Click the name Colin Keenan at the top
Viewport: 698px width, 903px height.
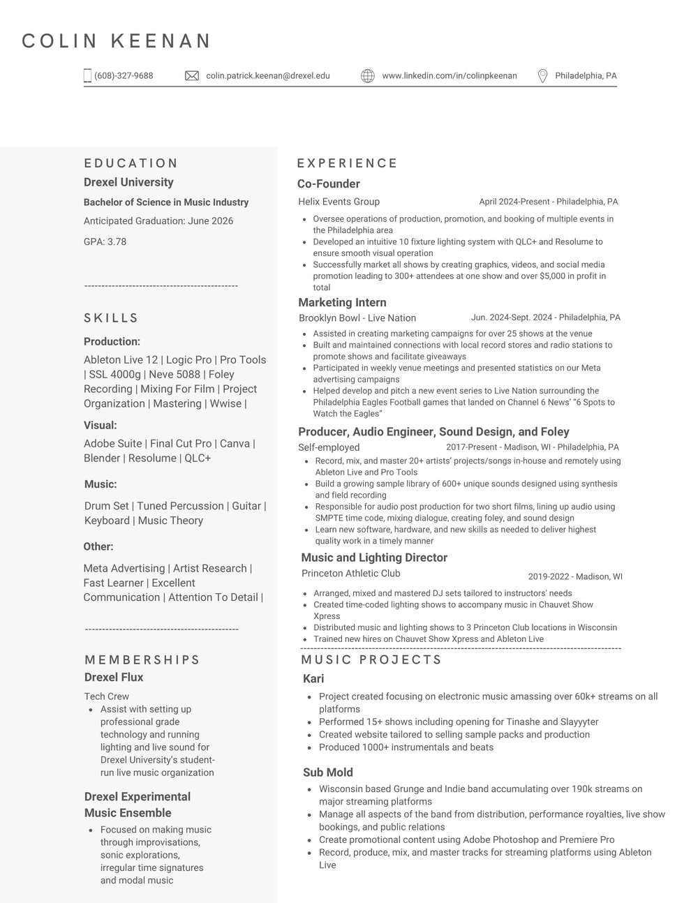click(117, 41)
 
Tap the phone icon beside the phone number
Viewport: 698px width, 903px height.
click(87, 75)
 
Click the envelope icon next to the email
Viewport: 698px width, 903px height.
click(192, 75)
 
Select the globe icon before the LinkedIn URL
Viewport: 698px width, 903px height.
click(368, 75)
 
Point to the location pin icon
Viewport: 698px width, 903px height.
click(542, 75)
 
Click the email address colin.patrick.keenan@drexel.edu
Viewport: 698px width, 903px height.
click(267, 75)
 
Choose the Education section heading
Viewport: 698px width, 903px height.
click(131, 163)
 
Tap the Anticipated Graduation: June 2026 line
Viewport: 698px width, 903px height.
click(158, 221)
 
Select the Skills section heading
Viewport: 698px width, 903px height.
click(112, 318)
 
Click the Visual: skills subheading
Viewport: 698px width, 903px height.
click(101, 425)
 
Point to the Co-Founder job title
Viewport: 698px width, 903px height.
click(329, 184)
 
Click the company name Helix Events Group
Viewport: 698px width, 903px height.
click(339, 202)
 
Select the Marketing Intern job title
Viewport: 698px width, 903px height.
click(342, 302)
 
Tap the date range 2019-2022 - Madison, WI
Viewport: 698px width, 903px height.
click(575, 576)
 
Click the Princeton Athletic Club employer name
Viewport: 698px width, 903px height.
click(351, 573)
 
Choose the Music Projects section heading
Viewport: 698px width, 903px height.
click(372, 659)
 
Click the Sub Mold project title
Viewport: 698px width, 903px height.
click(328, 772)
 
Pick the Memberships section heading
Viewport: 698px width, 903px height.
click(142, 659)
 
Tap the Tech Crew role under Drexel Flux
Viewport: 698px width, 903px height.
click(107, 696)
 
